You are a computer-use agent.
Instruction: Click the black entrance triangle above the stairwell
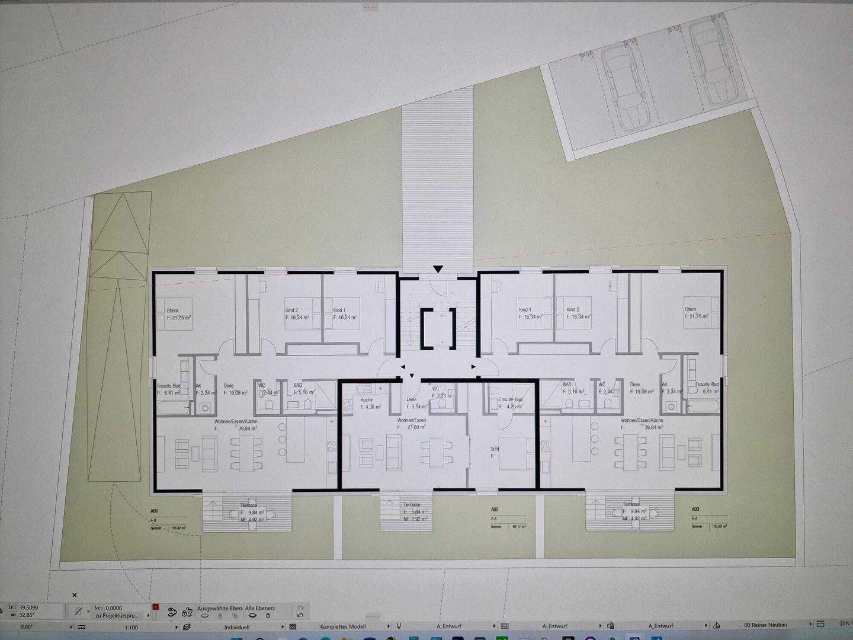click(438, 270)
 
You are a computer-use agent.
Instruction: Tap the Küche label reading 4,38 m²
click(370, 404)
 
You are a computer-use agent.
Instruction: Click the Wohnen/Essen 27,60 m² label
click(412, 423)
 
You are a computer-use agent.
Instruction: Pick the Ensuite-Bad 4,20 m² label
click(511, 403)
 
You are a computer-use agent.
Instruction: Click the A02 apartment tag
click(495, 510)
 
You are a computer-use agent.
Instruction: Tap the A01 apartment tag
click(154, 511)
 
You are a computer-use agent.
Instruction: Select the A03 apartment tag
click(695, 509)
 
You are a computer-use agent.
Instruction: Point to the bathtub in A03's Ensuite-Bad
click(703, 406)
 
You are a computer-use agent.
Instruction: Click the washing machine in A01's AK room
click(205, 408)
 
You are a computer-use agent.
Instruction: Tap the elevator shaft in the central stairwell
click(438, 328)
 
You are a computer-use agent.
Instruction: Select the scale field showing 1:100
click(132, 627)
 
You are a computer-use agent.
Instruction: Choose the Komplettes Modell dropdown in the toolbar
click(343, 626)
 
